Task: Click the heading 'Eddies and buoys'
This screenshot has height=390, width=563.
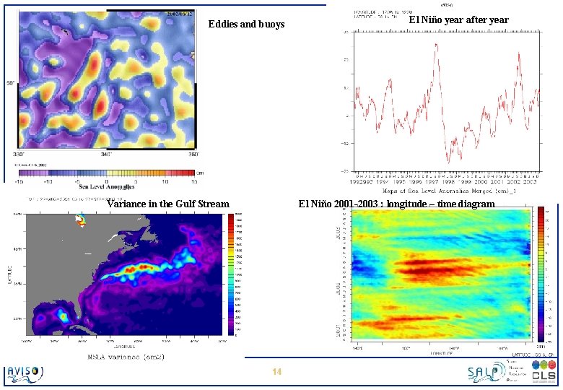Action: point(246,25)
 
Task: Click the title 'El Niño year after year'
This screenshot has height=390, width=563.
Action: point(458,20)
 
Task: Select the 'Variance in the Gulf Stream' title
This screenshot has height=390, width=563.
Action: point(167,204)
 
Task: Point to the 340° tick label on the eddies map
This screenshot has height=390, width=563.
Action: point(106,154)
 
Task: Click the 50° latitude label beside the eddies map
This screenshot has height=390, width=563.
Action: point(11,84)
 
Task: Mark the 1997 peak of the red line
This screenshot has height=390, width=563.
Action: point(436,45)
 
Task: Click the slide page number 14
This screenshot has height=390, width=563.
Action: point(276,372)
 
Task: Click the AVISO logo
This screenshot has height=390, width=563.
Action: point(25,373)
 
